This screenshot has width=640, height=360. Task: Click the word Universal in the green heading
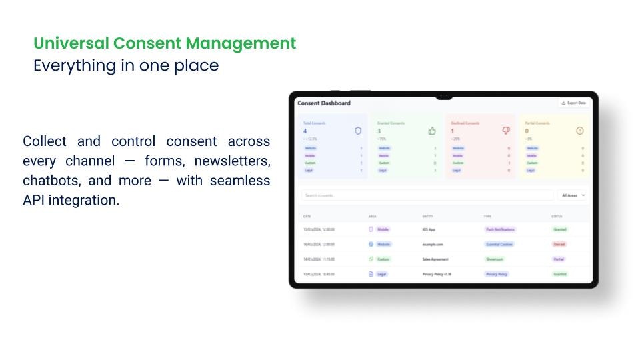pos(71,43)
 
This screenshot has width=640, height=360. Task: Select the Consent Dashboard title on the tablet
pos(324,103)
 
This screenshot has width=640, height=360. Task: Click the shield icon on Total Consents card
pos(358,131)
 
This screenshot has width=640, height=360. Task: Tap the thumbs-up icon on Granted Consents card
pos(432,131)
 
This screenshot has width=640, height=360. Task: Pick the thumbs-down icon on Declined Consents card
pos(506,131)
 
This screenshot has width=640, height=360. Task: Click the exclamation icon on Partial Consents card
pos(579,131)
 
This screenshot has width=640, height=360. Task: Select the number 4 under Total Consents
pos(305,131)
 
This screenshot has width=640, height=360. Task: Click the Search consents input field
pos(427,195)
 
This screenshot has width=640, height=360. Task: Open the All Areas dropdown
pos(573,195)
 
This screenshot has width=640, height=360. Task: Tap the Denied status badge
pos(559,244)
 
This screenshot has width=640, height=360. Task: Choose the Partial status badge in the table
pos(559,259)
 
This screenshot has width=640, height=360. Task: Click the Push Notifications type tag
pos(500,229)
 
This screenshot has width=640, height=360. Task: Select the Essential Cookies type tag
pos(500,244)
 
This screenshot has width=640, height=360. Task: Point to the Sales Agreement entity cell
pos(435,259)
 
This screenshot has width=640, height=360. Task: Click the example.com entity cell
pos(433,244)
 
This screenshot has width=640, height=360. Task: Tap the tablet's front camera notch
pos(443,97)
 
